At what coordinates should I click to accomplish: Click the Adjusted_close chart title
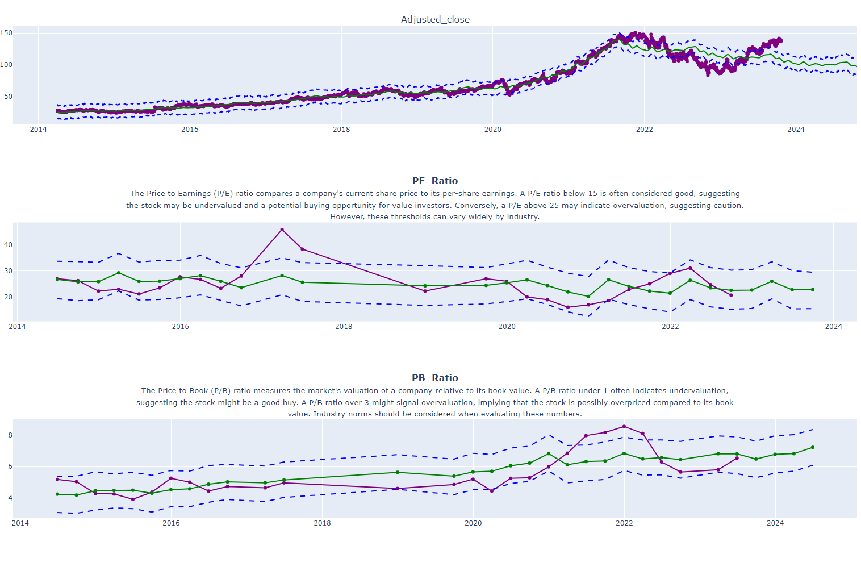(435, 19)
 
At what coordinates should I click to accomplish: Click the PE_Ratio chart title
(435, 181)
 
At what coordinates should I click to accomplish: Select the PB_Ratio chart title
(435, 378)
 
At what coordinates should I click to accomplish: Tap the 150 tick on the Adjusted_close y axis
(6, 33)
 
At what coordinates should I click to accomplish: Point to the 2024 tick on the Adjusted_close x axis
(796, 130)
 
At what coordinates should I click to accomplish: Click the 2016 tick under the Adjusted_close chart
(190, 130)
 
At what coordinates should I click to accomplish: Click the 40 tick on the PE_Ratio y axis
(8, 245)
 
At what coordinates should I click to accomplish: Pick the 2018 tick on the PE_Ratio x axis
(344, 327)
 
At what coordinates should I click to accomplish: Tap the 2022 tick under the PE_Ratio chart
(670, 327)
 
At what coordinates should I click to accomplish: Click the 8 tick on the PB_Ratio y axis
(10, 435)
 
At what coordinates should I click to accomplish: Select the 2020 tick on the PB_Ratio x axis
(473, 523)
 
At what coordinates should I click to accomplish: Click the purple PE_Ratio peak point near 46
(282, 230)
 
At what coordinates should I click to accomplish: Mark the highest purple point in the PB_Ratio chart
(624, 426)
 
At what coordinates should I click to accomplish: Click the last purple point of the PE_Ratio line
(731, 295)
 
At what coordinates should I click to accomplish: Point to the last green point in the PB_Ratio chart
(813, 447)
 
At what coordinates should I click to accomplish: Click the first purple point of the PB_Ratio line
(57, 480)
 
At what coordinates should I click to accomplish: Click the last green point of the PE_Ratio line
(813, 290)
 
